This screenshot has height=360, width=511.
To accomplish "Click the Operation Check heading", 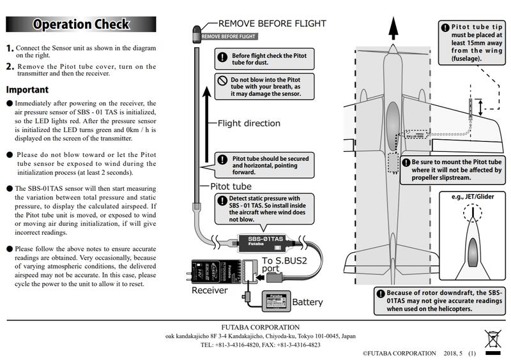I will tap(80, 25).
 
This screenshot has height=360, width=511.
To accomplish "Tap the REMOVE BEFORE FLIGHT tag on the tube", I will tap(229, 37).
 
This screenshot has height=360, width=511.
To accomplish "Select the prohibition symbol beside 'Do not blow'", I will tap(222, 81).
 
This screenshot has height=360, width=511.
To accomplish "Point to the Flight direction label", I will tap(250, 124).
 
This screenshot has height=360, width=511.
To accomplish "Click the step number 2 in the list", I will tap(10, 66).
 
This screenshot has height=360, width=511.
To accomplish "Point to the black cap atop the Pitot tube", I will tap(197, 31).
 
